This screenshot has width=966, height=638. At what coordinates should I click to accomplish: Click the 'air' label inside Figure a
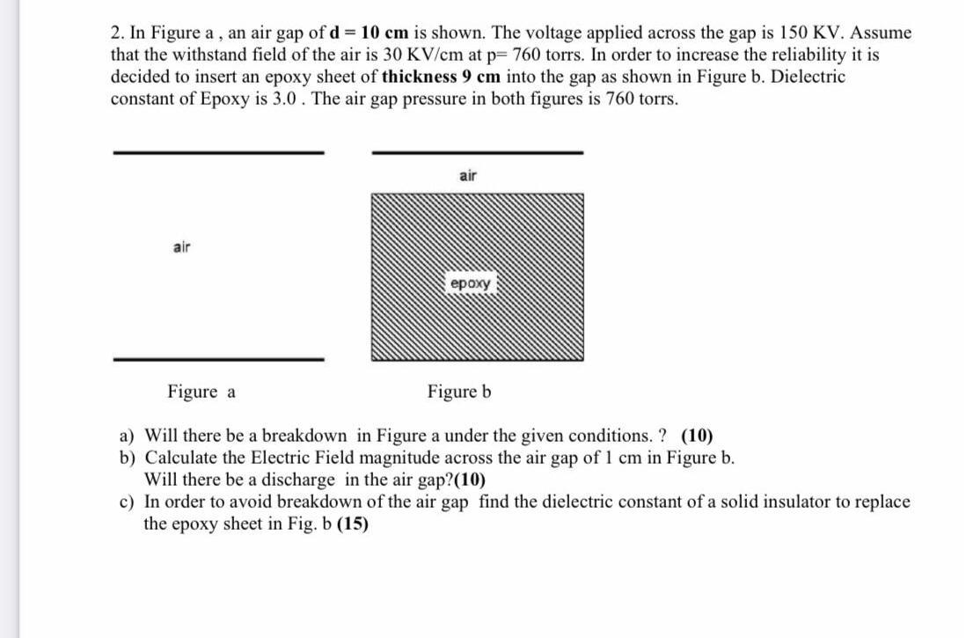click(182, 247)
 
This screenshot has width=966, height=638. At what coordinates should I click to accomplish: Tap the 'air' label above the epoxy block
click(468, 176)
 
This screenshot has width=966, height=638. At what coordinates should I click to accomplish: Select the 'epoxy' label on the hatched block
click(472, 284)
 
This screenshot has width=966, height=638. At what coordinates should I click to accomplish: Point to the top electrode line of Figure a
click(218, 152)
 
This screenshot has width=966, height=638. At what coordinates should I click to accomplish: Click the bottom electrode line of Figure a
click(218, 358)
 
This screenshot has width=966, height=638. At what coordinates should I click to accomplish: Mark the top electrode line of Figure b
click(478, 152)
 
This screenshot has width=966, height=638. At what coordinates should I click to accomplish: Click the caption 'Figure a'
click(201, 392)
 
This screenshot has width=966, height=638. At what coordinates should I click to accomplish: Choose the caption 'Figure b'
click(459, 392)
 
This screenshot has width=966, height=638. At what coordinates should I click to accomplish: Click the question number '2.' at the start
click(118, 33)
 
